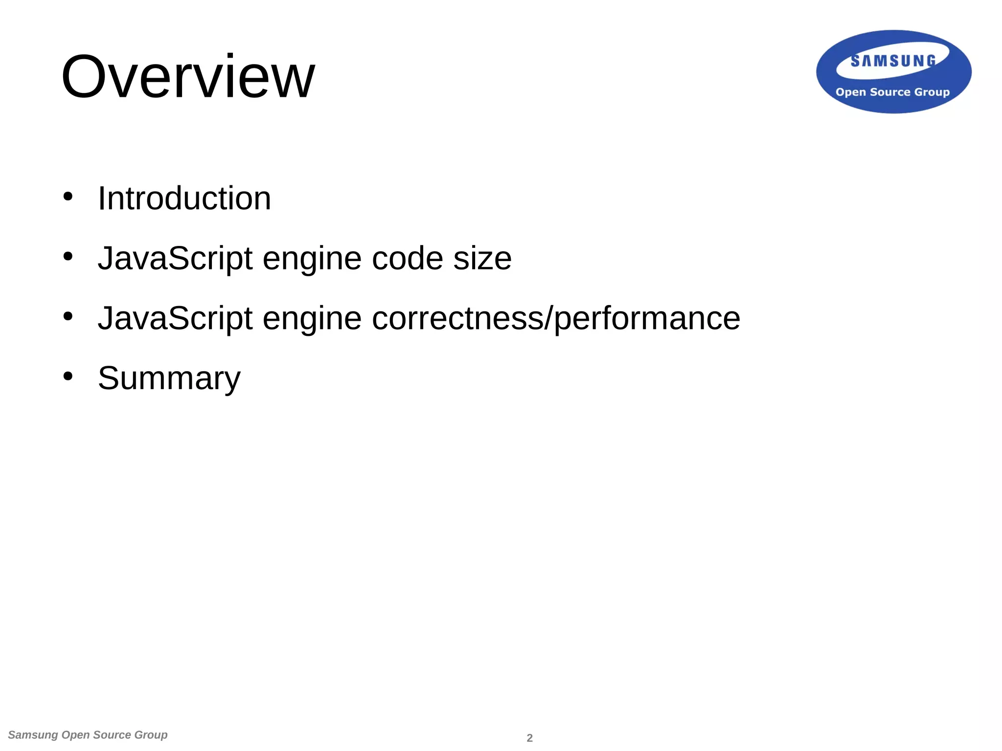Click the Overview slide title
tap(188, 77)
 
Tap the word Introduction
tap(184, 199)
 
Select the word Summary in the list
tap(169, 378)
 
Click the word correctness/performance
tap(556, 318)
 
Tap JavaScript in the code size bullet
tap(175, 258)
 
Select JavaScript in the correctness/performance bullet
tap(175, 318)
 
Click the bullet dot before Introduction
tap(68, 197)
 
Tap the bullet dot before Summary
tap(68, 376)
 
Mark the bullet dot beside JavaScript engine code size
tap(68, 256)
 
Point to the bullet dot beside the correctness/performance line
tap(68, 316)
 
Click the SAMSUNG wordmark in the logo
tap(893, 61)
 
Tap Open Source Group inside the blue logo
tap(892, 92)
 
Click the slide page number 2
tap(529, 738)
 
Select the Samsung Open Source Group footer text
tap(88, 735)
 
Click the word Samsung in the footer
tap(33, 735)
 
